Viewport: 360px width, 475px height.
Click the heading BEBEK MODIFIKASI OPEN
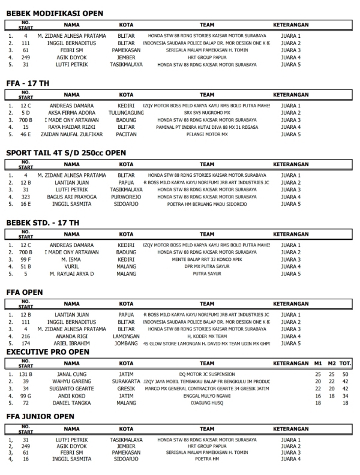[55, 13]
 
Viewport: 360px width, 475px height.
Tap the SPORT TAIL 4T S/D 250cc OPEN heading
[66, 153]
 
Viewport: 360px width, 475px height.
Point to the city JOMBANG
[126, 343]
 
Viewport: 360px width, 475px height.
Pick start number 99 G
[26, 395]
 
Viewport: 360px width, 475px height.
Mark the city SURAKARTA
[126, 381]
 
